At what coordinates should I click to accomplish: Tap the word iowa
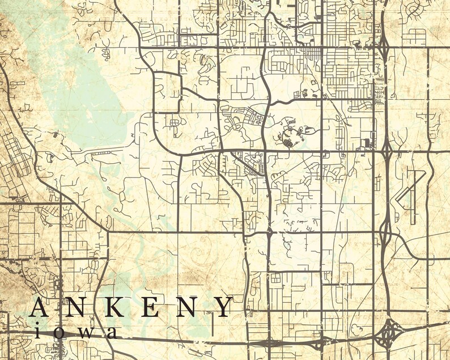76,331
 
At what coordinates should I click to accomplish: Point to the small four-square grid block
275,278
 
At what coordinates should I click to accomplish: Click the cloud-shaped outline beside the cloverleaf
356,329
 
